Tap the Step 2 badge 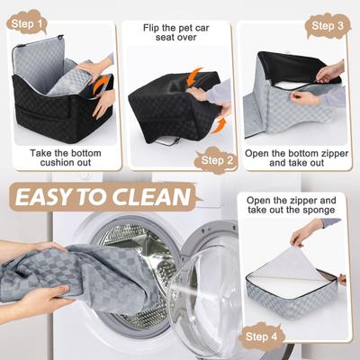pos(220,161)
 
